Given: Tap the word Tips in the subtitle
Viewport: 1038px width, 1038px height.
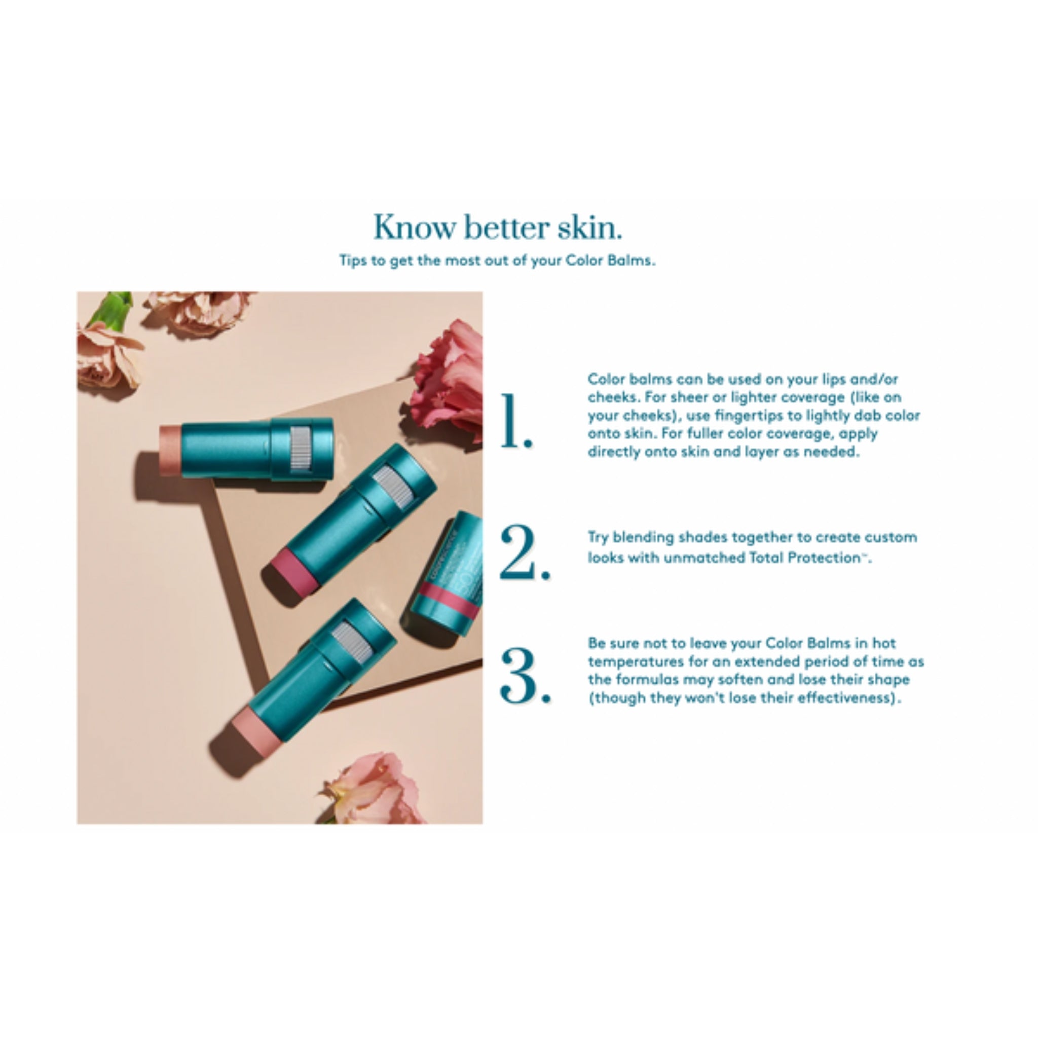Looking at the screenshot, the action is [353, 261].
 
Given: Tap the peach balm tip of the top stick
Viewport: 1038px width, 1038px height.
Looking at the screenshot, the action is [170, 450].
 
